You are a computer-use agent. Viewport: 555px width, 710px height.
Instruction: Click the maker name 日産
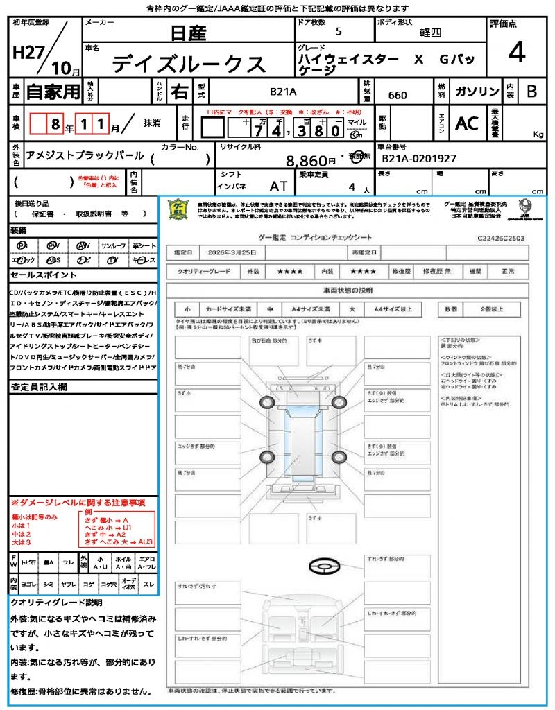pyautogui.click(x=189, y=33)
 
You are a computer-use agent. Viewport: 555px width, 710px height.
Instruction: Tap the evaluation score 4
pyautogui.click(x=516, y=53)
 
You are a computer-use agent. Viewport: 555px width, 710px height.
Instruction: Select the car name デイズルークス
pyautogui.click(x=189, y=64)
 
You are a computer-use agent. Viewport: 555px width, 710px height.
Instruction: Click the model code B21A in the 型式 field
pyautogui.click(x=283, y=91)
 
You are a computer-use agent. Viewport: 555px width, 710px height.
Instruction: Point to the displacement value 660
pyautogui.click(x=398, y=95)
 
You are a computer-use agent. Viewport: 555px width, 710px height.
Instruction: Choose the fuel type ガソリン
pyautogui.click(x=477, y=92)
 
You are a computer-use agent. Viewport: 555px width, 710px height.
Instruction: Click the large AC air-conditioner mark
pyautogui.click(x=466, y=123)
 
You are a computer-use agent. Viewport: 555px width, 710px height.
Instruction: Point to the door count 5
pyautogui.click(x=339, y=32)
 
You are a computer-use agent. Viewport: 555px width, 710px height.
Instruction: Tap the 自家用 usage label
pyautogui.click(x=53, y=91)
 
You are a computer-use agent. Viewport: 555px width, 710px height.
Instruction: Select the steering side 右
pyautogui.click(x=179, y=92)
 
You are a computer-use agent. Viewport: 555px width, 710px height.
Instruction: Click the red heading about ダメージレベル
pyautogui.click(x=78, y=502)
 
